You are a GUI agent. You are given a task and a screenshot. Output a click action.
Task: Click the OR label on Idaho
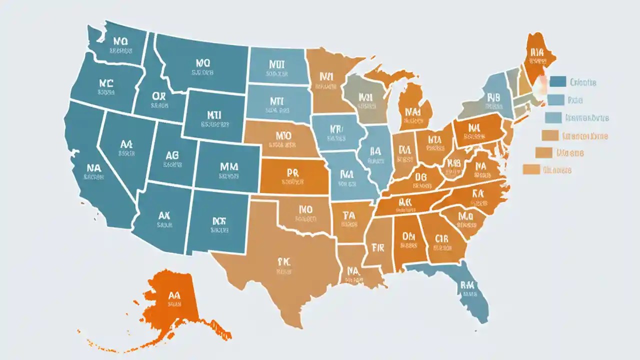(159, 95)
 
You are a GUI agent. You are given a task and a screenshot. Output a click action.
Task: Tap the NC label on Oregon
(106, 83)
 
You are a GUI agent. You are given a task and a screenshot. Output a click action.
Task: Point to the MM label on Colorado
(228, 167)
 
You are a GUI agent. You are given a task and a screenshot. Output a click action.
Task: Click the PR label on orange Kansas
(292, 173)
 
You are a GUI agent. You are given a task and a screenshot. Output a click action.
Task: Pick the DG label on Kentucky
(420, 176)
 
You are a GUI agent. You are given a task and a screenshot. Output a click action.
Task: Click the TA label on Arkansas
(348, 215)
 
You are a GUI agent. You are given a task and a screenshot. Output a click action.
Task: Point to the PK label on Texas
(283, 261)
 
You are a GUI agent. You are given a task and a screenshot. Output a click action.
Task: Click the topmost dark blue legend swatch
(557, 81)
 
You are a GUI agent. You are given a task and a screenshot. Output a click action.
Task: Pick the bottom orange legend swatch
(531, 169)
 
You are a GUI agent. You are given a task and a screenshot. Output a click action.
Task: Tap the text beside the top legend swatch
(582, 82)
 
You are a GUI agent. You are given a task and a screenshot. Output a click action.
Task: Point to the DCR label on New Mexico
(219, 220)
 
